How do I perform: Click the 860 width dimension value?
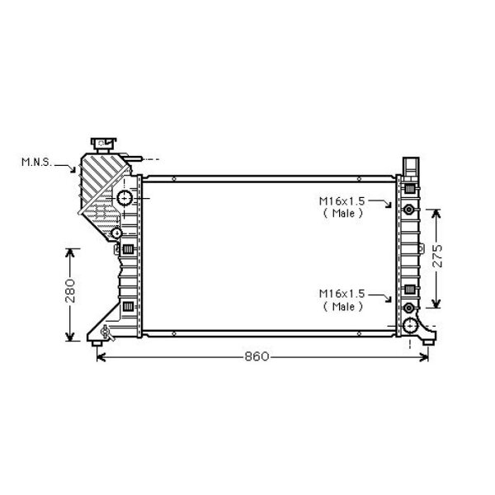pyautogui.click(x=257, y=356)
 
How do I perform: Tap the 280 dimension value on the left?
pyautogui.click(x=70, y=290)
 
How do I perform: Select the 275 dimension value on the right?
pyautogui.click(x=437, y=256)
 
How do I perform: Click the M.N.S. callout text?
pyautogui.click(x=36, y=162)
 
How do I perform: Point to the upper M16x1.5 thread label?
pyautogui.click(x=342, y=200)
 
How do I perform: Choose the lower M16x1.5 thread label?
pyautogui.click(x=342, y=294)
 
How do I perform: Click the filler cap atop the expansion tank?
pyautogui.click(x=103, y=144)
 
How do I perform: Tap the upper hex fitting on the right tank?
pyautogui.click(x=409, y=209)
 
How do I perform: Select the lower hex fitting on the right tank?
pyautogui.click(x=409, y=308)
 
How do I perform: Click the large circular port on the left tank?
pyautogui.click(x=125, y=198)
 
